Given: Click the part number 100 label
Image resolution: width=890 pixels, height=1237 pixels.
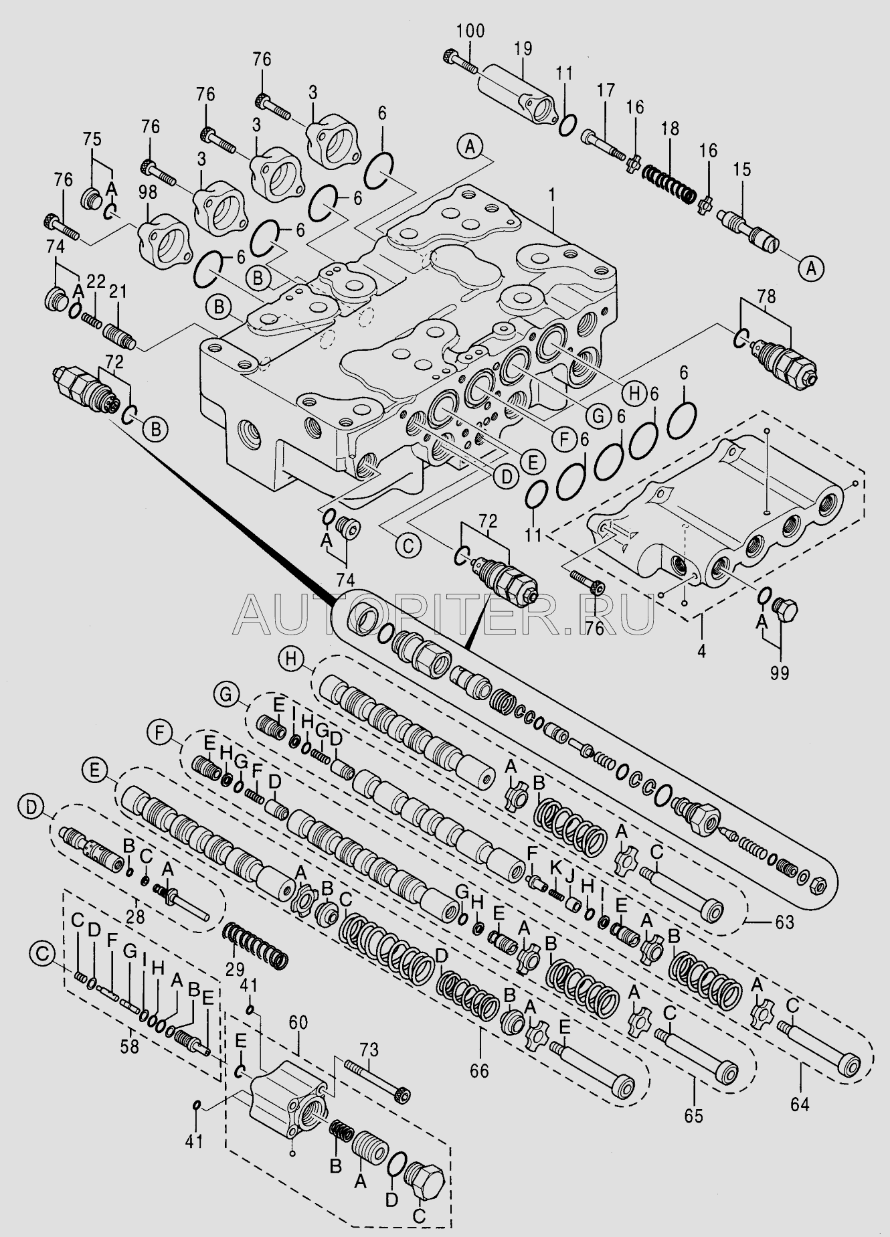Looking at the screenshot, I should coord(471,31).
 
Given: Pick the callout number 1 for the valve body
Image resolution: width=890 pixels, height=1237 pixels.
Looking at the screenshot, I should coord(553,195).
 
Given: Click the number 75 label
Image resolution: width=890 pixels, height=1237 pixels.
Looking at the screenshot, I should coord(92,140).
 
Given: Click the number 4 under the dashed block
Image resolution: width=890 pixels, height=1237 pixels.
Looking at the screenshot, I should coord(702,648).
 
